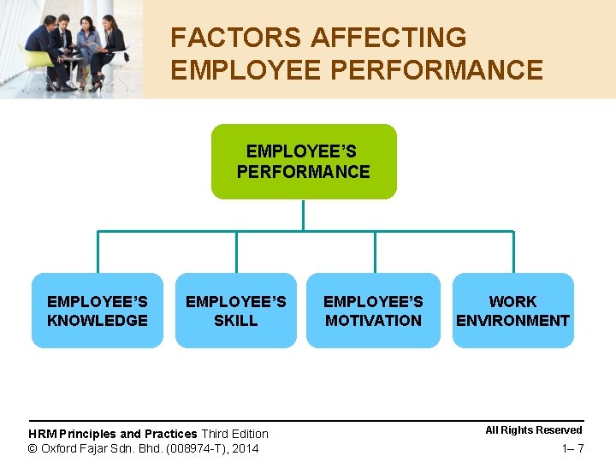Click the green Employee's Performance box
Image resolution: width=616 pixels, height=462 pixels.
tap(304, 162)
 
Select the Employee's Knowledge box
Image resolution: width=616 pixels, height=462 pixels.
tap(98, 311)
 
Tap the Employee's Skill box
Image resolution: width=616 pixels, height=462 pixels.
tap(235, 311)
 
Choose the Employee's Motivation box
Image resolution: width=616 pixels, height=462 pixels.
tap(373, 311)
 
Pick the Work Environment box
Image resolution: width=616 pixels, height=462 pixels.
tap(512, 311)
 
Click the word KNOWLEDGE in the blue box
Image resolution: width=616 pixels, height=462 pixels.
tap(98, 321)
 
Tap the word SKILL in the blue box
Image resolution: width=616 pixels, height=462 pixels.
tap(235, 321)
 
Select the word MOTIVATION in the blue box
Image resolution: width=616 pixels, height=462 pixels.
tap(373, 321)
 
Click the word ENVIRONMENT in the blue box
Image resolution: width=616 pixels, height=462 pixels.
tap(512, 321)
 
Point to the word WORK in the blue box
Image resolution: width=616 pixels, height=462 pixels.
tap(512, 301)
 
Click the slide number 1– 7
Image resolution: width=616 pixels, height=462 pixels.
tap(572, 448)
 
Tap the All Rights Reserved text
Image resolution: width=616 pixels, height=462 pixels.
tap(534, 430)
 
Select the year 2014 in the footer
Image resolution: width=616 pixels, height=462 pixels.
tap(244, 448)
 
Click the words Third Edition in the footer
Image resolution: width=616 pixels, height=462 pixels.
tap(234, 434)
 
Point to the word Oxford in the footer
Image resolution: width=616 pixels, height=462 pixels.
tap(60, 448)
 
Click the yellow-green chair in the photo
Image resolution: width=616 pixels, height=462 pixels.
tap(38, 62)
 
